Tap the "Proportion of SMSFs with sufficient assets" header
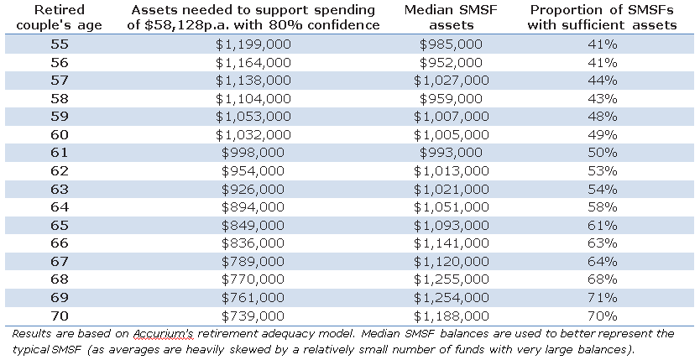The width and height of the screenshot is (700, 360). click(x=603, y=17)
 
